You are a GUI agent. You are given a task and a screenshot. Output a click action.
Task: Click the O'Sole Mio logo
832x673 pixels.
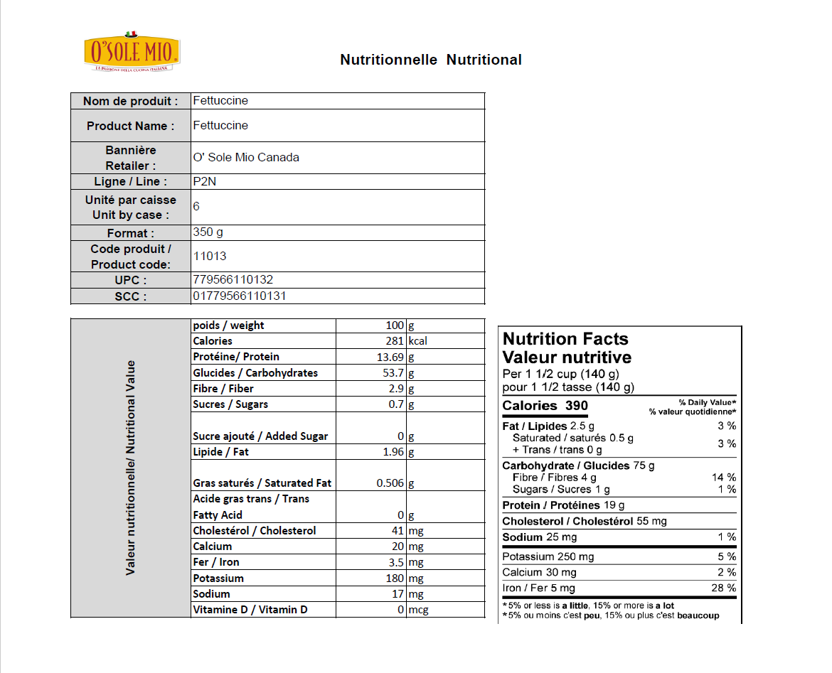(x=132, y=52)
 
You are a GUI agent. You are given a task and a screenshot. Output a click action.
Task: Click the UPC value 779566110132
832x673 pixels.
(x=233, y=280)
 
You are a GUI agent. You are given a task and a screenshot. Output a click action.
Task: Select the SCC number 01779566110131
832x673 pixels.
(x=239, y=296)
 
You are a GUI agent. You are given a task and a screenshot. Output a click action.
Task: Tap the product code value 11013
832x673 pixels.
(x=210, y=256)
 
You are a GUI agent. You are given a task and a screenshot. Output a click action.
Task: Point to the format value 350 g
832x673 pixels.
(x=208, y=232)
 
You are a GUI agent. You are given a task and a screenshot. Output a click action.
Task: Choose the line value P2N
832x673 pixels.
(x=205, y=181)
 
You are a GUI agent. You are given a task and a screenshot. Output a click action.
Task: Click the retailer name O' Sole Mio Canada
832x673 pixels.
(x=246, y=157)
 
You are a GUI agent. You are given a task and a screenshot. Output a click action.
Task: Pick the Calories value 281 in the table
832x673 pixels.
(x=394, y=341)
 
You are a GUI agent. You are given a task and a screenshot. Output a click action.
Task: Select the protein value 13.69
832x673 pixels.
(x=390, y=357)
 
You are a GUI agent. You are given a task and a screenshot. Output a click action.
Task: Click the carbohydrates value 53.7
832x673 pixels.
(x=394, y=373)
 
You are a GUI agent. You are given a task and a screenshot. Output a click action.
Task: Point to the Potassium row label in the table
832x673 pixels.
(x=218, y=578)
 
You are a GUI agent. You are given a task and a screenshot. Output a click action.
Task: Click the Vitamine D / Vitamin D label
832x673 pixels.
(x=250, y=610)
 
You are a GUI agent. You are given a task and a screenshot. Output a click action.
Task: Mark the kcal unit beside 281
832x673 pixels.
(x=417, y=341)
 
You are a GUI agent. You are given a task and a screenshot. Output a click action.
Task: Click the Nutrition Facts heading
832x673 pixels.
(x=565, y=339)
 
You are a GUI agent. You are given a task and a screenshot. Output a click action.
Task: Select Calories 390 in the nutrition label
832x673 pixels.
(x=545, y=406)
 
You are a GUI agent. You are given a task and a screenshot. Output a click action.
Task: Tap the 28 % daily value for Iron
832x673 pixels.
(x=724, y=588)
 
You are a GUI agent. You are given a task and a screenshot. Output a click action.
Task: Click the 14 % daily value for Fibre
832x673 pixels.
(x=724, y=478)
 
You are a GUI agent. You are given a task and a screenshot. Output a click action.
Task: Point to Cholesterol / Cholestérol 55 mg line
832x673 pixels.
(x=585, y=521)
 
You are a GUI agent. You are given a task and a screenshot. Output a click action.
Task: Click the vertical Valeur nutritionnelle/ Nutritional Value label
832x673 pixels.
(x=131, y=468)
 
